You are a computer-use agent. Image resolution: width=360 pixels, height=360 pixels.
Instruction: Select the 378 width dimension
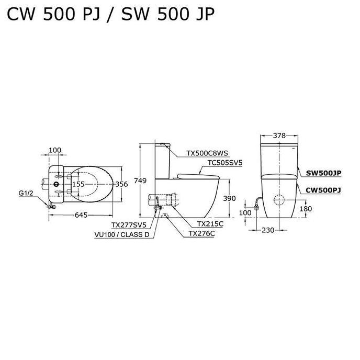279,136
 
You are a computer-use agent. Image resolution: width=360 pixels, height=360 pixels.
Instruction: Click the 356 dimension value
121,184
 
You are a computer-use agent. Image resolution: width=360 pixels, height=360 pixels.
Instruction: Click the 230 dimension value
268,229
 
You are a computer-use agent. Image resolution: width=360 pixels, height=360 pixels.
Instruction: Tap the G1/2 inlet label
26,193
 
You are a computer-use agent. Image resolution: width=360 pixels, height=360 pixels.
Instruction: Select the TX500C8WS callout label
206,154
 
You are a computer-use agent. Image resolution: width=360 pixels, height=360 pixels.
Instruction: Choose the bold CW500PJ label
323,190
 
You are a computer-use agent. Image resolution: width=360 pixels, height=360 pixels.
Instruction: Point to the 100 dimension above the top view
54,151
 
